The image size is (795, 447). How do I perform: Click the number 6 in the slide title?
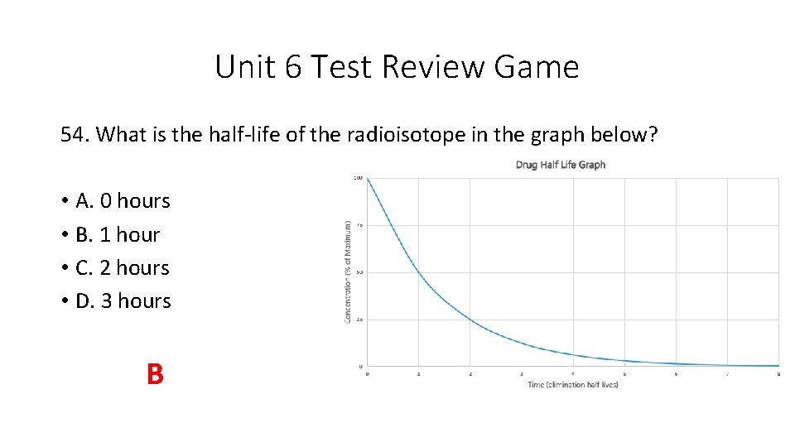[x=294, y=67]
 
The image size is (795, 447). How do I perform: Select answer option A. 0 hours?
[x=122, y=201]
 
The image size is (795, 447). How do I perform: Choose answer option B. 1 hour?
[x=117, y=235]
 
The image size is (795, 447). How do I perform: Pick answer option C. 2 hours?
[x=122, y=268]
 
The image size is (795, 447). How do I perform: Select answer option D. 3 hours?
[x=123, y=301]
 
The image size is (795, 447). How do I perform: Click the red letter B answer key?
[x=155, y=375]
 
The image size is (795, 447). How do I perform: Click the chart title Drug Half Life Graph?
[x=560, y=165]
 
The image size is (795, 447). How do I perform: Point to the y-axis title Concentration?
[x=348, y=272]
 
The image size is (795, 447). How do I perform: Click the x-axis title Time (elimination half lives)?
[x=572, y=384]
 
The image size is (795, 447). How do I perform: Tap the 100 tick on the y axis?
[x=358, y=178]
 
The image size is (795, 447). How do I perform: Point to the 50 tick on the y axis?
[x=359, y=272]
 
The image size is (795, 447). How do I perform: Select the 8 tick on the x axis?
[x=778, y=374]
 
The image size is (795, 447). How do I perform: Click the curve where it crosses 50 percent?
[x=418, y=272]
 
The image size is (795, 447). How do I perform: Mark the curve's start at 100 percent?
[x=367, y=178]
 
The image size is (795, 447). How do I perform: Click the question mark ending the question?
[x=653, y=135]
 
